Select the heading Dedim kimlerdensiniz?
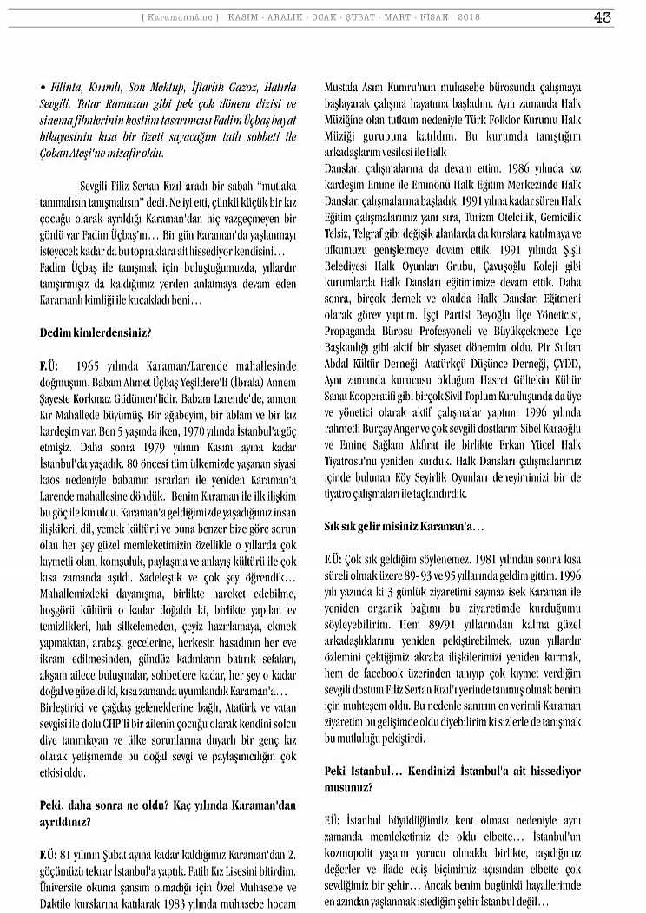click(x=96, y=332)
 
